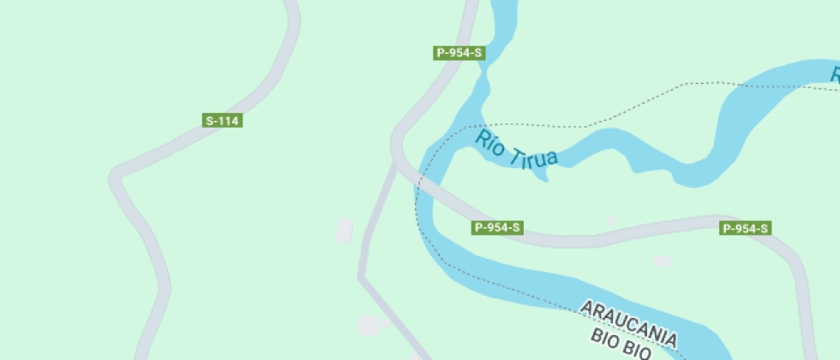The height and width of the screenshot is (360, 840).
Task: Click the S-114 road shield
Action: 223,121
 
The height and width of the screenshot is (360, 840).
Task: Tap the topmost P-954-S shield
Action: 459,53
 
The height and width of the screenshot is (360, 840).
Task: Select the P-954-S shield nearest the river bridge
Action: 497,228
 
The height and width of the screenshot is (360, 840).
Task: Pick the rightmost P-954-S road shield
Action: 745,228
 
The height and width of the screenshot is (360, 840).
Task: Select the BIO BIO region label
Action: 621,345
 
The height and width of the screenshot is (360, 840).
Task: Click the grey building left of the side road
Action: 345,231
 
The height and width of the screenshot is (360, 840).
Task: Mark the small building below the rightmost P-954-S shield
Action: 662,261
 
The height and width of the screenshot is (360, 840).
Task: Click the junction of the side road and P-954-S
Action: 397,163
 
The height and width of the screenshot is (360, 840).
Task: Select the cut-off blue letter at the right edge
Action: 835,76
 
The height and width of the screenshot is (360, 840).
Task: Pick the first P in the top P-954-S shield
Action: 441,53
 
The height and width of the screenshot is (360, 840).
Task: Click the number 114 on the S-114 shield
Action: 228,121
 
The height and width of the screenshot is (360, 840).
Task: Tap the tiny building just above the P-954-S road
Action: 611,220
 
